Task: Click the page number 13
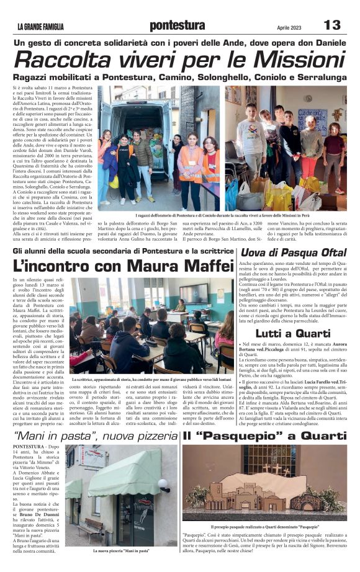click(x=333, y=25)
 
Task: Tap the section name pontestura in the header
click(x=177, y=25)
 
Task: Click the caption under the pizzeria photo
click(x=121, y=550)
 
